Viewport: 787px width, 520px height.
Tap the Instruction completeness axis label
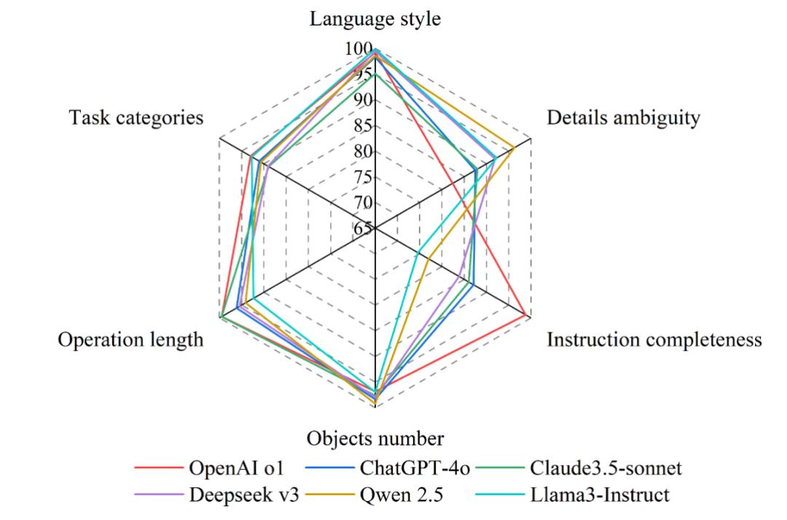[x=654, y=340]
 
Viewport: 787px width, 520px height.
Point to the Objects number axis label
[x=375, y=439]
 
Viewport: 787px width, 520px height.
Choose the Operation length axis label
[x=131, y=340]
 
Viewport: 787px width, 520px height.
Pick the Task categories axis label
[x=136, y=117]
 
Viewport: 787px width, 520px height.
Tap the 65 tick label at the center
[x=363, y=228]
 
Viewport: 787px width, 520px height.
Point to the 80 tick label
[x=362, y=152]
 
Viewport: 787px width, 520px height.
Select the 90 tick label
[x=362, y=100]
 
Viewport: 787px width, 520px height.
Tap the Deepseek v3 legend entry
[x=232, y=494]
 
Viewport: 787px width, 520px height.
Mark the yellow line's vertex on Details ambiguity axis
[x=514, y=148]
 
